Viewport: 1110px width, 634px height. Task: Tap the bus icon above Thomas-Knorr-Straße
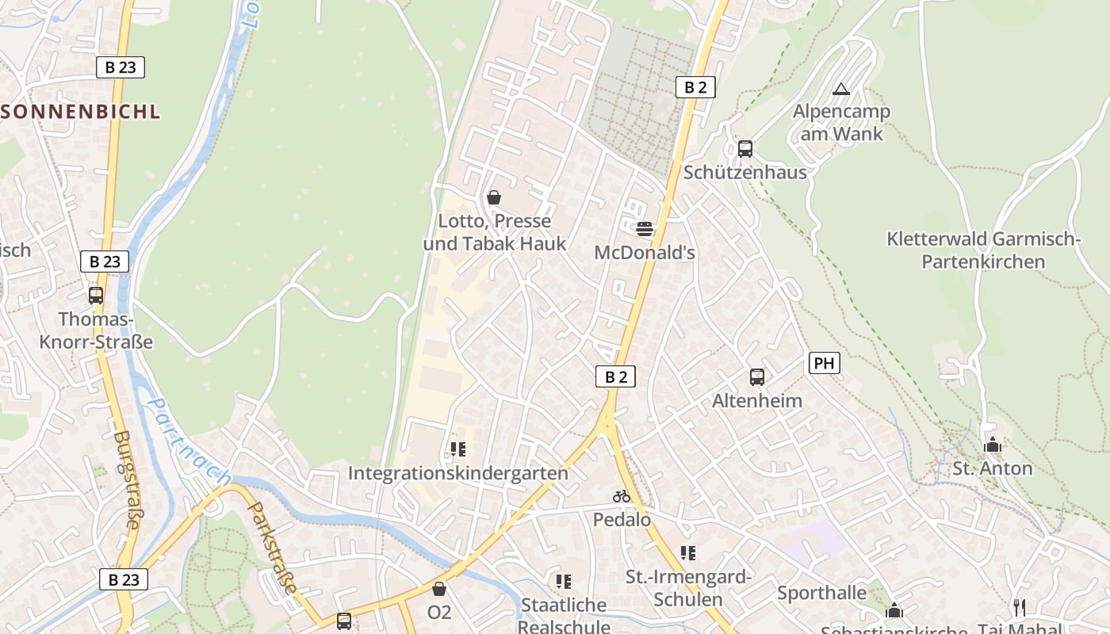[96, 295]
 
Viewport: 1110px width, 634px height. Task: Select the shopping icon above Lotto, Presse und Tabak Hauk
[494, 197]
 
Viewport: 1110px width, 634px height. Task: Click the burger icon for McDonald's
[645, 229]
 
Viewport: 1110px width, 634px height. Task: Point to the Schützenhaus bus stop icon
[745, 148]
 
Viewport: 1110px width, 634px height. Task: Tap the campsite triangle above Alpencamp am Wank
[841, 88]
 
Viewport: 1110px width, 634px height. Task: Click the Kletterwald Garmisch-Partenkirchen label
[983, 250]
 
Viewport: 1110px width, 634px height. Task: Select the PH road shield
[825, 363]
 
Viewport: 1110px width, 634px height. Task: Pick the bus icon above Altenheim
[757, 377]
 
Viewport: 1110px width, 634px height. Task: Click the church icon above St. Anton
[992, 445]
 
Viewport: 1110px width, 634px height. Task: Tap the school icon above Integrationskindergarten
[458, 449]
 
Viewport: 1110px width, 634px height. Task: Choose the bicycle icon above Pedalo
[622, 496]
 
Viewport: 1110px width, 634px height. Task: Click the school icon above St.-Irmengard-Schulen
[687, 552]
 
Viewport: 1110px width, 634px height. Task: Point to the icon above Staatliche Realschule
[564, 582]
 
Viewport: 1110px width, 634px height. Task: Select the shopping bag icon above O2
[439, 589]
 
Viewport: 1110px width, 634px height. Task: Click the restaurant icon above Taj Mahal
[1020, 607]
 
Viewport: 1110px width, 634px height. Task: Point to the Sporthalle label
[821, 592]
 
